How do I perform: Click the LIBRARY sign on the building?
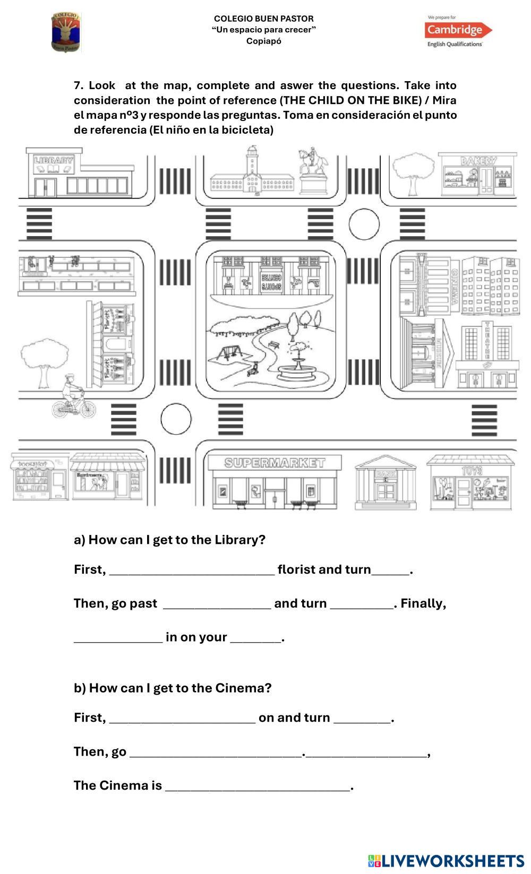pyautogui.click(x=54, y=160)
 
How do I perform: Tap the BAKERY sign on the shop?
pyautogui.click(x=478, y=160)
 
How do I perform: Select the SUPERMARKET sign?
pyautogui.click(x=274, y=463)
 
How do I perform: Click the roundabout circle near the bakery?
pyautogui.click(x=364, y=224)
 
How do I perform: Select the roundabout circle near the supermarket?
pyautogui.click(x=176, y=419)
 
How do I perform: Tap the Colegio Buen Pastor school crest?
pyautogui.click(x=66, y=32)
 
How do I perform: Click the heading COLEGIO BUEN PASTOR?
pyautogui.click(x=264, y=19)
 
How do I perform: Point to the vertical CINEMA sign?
pyautogui.click(x=455, y=286)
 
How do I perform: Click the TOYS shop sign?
pyautogui.click(x=472, y=471)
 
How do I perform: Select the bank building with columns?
pyautogui.click(x=386, y=483)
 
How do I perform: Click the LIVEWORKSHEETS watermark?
pyautogui.click(x=446, y=860)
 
